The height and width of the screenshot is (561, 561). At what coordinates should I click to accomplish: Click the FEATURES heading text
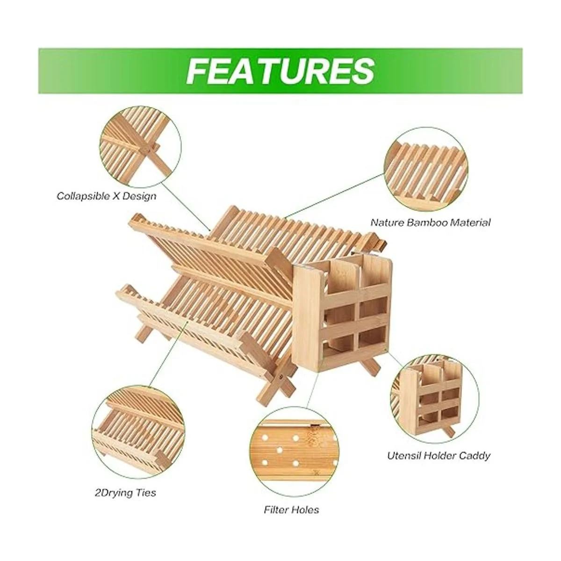(x=280, y=71)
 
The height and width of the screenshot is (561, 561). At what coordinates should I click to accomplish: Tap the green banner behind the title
(x=280, y=71)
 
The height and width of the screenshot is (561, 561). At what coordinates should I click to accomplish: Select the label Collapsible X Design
(x=106, y=196)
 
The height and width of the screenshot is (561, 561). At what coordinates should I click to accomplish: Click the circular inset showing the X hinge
(x=140, y=147)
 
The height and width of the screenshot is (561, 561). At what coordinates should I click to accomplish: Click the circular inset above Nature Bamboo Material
(x=426, y=169)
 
